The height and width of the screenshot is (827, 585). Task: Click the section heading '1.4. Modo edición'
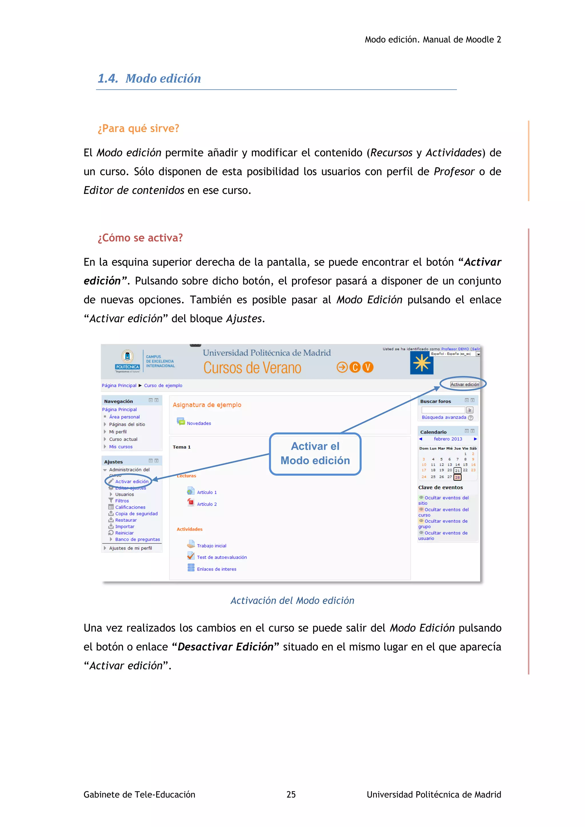pyautogui.click(x=149, y=79)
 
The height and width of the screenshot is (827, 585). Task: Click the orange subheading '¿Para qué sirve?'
pyautogui.click(x=138, y=128)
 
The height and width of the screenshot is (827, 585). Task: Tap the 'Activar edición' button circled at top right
pyautogui.click(x=464, y=384)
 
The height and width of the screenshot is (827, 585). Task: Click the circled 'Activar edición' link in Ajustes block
pyautogui.click(x=131, y=481)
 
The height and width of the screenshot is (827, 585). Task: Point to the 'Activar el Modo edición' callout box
pyautogui.click(x=315, y=453)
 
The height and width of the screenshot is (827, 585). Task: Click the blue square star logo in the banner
pyautogui.click(x=421, y=363)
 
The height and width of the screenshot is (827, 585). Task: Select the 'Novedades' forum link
pyautogui.click(x=199, y=423)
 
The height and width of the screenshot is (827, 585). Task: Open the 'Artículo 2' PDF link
pyautogui.click(x=207, y=504)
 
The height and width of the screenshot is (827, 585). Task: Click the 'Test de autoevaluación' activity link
pyautogui.click(x=222, y=557)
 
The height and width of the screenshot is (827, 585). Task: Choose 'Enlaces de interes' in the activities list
pyautogui.click(x=216, y=569)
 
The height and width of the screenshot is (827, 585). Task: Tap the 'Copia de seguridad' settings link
pyautogui.click(x=136, y=514)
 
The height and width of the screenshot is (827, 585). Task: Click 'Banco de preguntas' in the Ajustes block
pyautogui.click(x=137, y=539)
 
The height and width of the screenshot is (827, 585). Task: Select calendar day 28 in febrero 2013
pyautogui.click(x=457, y=477)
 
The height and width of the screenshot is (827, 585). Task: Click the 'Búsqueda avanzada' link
pyautogui.click(x=444, y=417)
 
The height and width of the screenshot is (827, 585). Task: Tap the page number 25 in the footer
pyautogui.click(x=291, y=794)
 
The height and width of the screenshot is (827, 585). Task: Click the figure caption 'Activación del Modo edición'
pyautogui.click(x=292, y=601)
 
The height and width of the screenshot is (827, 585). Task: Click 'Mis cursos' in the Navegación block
pyautogui.click(x=121, y=447)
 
